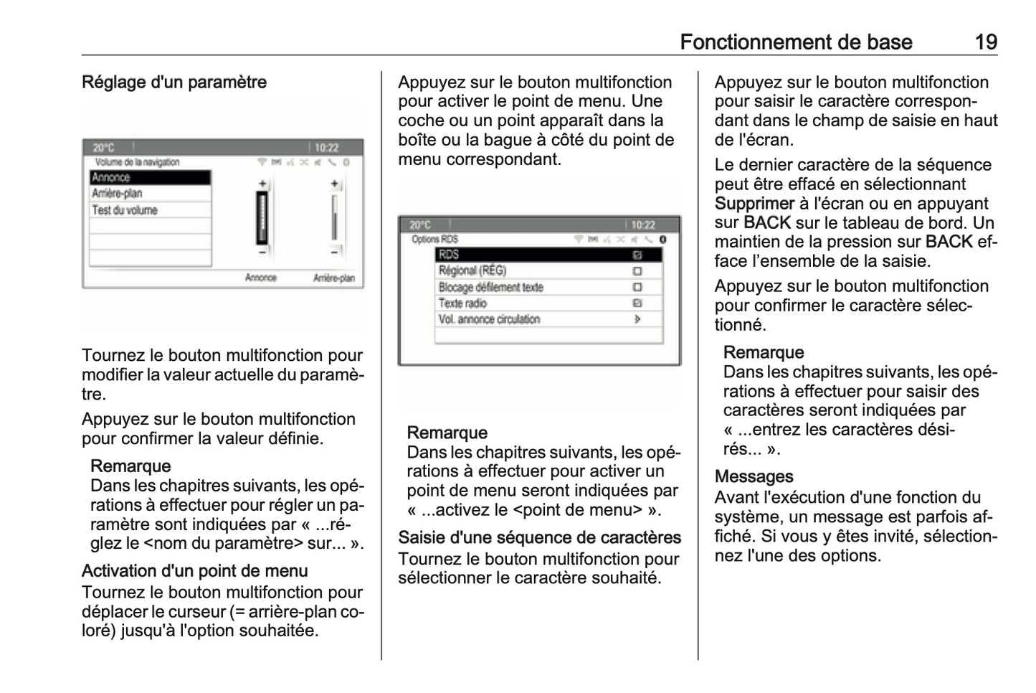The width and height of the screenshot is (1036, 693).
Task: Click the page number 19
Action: tap(986, 42)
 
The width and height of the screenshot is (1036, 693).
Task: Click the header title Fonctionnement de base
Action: tap(795, 42)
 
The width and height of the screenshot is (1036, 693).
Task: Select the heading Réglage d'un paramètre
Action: tap(174, 82)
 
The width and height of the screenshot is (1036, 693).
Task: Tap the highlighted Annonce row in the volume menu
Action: tap(150, 177)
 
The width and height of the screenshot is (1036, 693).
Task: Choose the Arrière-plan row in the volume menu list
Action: tap(150, 194)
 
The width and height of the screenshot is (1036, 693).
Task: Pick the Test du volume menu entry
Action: tap(150, 210)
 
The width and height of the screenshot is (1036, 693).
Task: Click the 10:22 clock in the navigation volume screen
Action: tap(326, 148)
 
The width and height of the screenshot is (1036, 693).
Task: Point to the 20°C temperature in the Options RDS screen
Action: tap(420, 225)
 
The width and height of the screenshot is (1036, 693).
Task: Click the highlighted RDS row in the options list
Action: tap(548, 255)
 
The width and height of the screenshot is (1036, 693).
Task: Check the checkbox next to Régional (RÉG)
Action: tap(637, 271)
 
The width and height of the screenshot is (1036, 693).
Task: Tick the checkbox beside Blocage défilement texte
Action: tap(637, 287)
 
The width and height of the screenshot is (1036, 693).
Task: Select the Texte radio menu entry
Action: tap(463, 303)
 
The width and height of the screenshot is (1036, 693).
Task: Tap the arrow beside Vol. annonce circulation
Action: tap(637, 319)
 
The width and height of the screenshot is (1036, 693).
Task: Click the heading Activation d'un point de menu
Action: tap(195, 571)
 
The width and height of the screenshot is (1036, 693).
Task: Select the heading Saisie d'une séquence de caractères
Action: tap(539, 538)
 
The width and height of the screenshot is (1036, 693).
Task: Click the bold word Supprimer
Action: tap(754, 204)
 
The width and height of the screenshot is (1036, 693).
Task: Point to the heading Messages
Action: tap(754, 477)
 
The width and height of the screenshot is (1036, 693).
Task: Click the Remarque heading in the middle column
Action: tap(447, 433)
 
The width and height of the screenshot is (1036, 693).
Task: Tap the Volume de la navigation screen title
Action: tap(137, 163)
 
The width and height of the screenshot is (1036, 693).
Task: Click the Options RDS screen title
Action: tap(434, 240)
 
